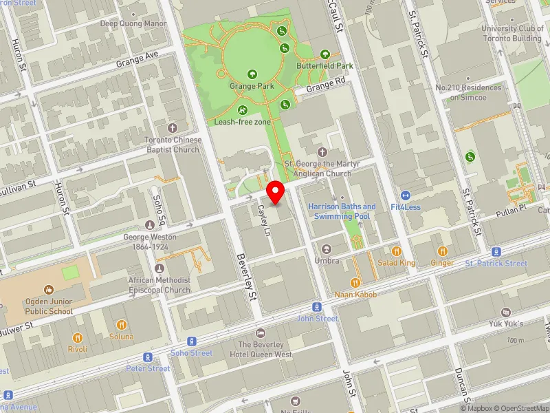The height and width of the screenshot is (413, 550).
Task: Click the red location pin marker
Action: click(276, 192)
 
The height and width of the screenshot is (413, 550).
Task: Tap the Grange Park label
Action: click(252, 86)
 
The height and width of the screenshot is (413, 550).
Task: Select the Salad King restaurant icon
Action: click(396, 251)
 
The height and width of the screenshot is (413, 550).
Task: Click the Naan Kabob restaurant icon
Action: click(355, 282)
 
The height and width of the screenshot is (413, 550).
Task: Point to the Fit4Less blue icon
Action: click(406, 195)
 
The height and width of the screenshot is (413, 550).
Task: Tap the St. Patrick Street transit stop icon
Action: click(496, 252)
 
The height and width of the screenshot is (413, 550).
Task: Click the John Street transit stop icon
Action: click(317, 307)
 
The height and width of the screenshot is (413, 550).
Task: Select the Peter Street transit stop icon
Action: click(148, 357)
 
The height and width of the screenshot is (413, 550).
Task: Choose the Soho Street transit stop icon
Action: click(192, 341)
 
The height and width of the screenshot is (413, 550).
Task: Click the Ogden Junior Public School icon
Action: click(48, 290)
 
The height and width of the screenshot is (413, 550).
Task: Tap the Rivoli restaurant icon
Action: click(78, 338)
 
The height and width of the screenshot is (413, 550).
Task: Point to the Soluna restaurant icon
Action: click(121, 325)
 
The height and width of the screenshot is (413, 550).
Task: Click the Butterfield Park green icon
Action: click(325, 54)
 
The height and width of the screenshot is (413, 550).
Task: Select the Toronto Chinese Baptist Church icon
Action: click(172, 128)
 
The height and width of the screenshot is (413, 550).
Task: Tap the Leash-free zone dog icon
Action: click(242, 110)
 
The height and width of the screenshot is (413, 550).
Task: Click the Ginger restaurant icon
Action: click(442, 251)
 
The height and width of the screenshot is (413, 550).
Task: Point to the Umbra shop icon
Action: click(326, 249)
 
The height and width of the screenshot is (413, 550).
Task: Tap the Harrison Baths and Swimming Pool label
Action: click(342, 211)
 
